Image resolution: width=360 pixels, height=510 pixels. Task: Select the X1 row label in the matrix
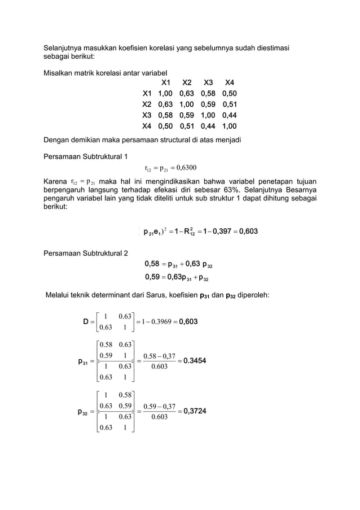tap(147, 93)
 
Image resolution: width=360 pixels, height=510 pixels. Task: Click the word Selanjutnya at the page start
tap(65, 49)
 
